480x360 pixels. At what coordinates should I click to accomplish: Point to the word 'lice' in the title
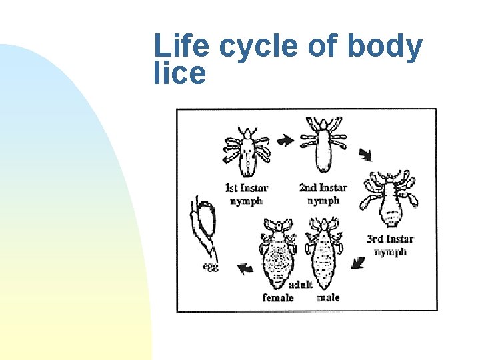(179, 73)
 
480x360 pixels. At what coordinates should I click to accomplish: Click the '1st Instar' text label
(245, 188)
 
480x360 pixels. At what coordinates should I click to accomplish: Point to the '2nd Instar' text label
(323, 188)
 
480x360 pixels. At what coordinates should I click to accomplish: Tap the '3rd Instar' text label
(390, 239)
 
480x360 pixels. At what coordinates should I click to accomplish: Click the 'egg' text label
(211, 267)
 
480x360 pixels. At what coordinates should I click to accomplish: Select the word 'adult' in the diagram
(300, 285)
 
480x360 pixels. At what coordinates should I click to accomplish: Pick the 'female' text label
(278, 297)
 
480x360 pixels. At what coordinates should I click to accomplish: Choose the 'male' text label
(328, 297)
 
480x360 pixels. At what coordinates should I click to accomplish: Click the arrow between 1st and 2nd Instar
(285, 141)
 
